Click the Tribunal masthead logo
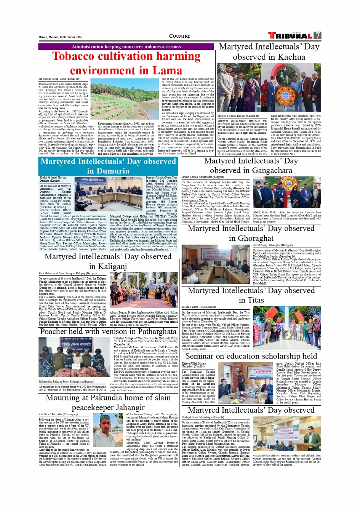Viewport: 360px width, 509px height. (x=290, y=36)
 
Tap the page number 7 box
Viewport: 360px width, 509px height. (x=317, y=35)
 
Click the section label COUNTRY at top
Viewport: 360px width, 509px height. (x=179, y=36)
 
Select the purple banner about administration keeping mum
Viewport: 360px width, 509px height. (x=126, y=46)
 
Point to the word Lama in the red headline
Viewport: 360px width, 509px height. (x=166, y=70)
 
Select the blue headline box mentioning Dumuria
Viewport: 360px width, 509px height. (x=108, y=166)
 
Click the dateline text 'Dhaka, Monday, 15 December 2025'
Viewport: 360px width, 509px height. (x=60, y=37)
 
